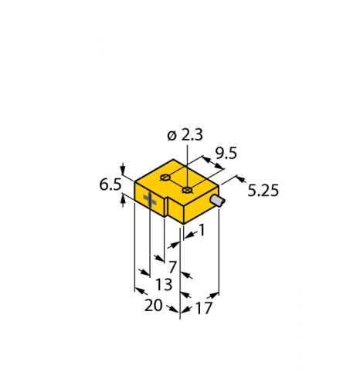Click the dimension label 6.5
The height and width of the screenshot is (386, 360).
[x=110, y=185]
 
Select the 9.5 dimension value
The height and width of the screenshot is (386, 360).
[x=226, y=154]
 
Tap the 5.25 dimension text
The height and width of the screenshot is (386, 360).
[x=263, y=191]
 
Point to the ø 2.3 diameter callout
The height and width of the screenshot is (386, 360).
[x=185, y=135]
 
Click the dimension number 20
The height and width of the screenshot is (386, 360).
[x=154, y=306]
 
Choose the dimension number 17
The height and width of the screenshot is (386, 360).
[x=204, y=308]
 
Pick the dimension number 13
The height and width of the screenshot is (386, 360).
[x=164, y=285]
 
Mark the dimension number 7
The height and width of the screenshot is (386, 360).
[x=173, y=267]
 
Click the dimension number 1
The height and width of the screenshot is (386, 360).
[x=202, y=230]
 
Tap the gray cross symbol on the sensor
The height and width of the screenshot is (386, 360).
[x=150, y=200]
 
